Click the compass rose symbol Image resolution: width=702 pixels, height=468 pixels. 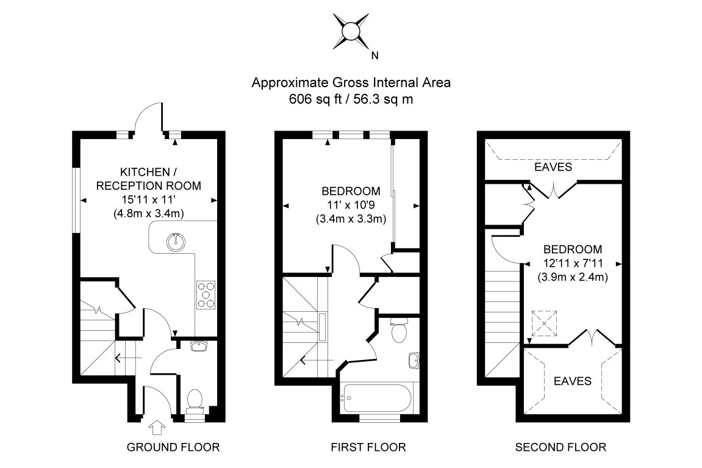351,32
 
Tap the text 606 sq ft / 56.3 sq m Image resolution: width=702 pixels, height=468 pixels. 351,99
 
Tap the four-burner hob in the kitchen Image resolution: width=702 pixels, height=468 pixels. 206,293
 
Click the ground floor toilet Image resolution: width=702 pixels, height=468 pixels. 195,400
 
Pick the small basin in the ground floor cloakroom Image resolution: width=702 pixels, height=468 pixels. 199,347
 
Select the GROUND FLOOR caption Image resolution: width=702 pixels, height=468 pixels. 173,447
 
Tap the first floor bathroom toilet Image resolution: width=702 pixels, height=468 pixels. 399,331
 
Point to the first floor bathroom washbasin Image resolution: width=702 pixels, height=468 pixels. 414,360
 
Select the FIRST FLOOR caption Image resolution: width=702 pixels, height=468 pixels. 368,447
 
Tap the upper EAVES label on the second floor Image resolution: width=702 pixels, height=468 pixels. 553,166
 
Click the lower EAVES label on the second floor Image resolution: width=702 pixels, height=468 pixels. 572,381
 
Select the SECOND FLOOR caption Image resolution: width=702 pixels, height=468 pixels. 561,447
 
